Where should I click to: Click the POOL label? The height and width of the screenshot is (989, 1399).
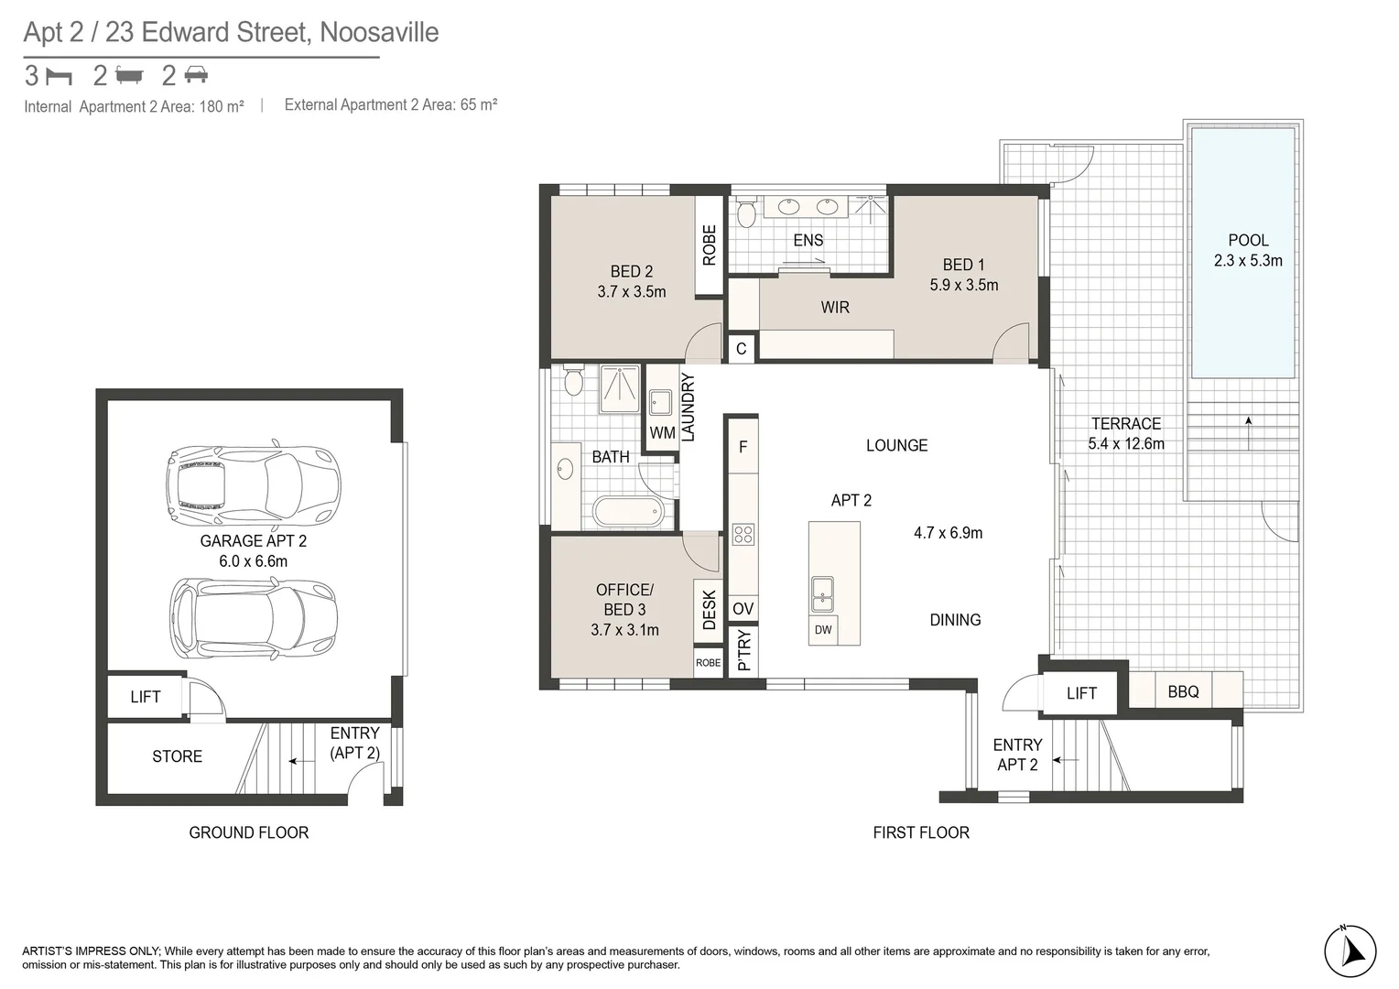click(1248, 241)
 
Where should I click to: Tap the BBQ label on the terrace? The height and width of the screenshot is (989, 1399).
click(1183, 691)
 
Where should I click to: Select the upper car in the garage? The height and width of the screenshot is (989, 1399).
click(253, 483)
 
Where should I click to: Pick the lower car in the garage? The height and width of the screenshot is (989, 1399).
click(254, 618)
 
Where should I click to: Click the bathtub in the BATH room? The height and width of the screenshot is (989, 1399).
click(627, 512)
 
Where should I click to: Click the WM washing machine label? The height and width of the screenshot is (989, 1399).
click(662, 432)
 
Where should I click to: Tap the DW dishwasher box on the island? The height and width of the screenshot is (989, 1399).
click(823, 630)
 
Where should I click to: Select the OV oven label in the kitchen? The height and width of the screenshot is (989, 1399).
click(743, 609)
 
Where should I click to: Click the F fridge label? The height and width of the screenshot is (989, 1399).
click(743, 447)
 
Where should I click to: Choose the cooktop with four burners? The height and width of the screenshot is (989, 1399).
click(743, 535)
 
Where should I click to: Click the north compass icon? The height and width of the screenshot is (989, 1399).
click(1350, 951)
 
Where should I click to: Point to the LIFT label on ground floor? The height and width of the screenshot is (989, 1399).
click(145, 697)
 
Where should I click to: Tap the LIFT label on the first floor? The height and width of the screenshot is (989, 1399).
click(1080, 693)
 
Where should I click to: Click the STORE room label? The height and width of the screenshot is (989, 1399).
click(177, 756)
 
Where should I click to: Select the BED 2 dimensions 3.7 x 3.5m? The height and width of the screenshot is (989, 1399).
click(631, 292)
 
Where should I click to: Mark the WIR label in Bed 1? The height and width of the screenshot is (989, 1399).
click(834, 308)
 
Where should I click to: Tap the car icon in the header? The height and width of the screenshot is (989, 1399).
click(196, 75)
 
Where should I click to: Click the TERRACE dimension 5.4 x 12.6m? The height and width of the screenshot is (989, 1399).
click(1125, 444)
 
